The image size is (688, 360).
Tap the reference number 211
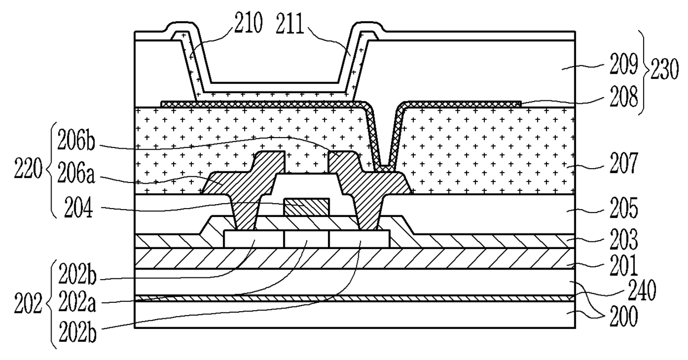point(290,23)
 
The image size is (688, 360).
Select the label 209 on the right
point(624,64)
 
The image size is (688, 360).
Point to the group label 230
point(664,69)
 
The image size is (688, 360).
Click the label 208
point(624,97)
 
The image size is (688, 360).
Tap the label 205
point(624,208)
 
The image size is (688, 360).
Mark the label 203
point(624,239)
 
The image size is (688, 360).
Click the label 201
point(624,265)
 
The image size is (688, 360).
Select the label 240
point(642,290)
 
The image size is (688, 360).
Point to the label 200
point(624,316)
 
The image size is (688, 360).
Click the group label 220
point(28,169)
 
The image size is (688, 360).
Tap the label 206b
point(76,140)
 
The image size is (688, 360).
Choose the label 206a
point(76,173)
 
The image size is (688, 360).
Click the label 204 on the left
point(78,208)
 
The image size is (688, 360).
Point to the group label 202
point(28,303)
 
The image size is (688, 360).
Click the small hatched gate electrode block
point(307,207)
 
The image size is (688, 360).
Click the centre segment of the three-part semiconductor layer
point(306,239)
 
